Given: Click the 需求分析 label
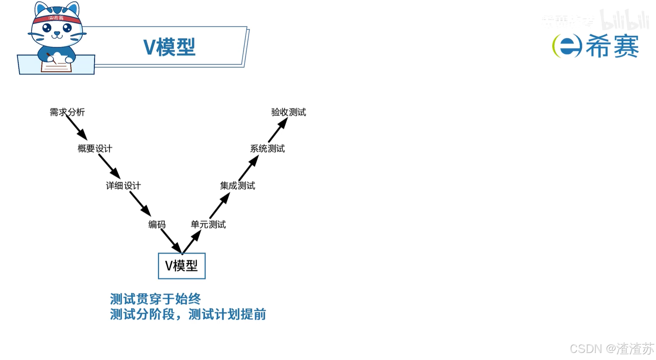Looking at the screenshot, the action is click(67, 112).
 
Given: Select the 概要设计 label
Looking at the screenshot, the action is click(95, 149).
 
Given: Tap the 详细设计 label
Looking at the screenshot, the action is click(123, 186).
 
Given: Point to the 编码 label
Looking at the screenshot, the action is click(157, 225).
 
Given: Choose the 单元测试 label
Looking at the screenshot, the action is click(208, 225).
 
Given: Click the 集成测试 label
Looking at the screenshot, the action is click(237, 186).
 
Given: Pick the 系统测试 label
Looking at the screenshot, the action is click(267, 149).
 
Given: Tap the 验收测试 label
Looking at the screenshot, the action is click(289, 112).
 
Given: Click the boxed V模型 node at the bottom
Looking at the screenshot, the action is click(181, 266).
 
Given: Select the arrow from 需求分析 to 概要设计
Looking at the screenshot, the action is click(77, 128).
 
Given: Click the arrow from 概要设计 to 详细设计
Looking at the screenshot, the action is click(109, 167).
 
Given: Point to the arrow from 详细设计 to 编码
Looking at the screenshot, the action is click(140, 204).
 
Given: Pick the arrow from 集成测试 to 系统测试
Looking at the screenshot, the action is click(248, 168).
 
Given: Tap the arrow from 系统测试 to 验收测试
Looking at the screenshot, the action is click(278, 130).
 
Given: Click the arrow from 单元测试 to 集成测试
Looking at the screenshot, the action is click(220, 206).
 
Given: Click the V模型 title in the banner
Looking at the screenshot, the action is click(169, 47).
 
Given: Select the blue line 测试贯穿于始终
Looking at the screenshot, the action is click(155, 299).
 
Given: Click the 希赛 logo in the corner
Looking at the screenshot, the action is click(596, 46).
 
